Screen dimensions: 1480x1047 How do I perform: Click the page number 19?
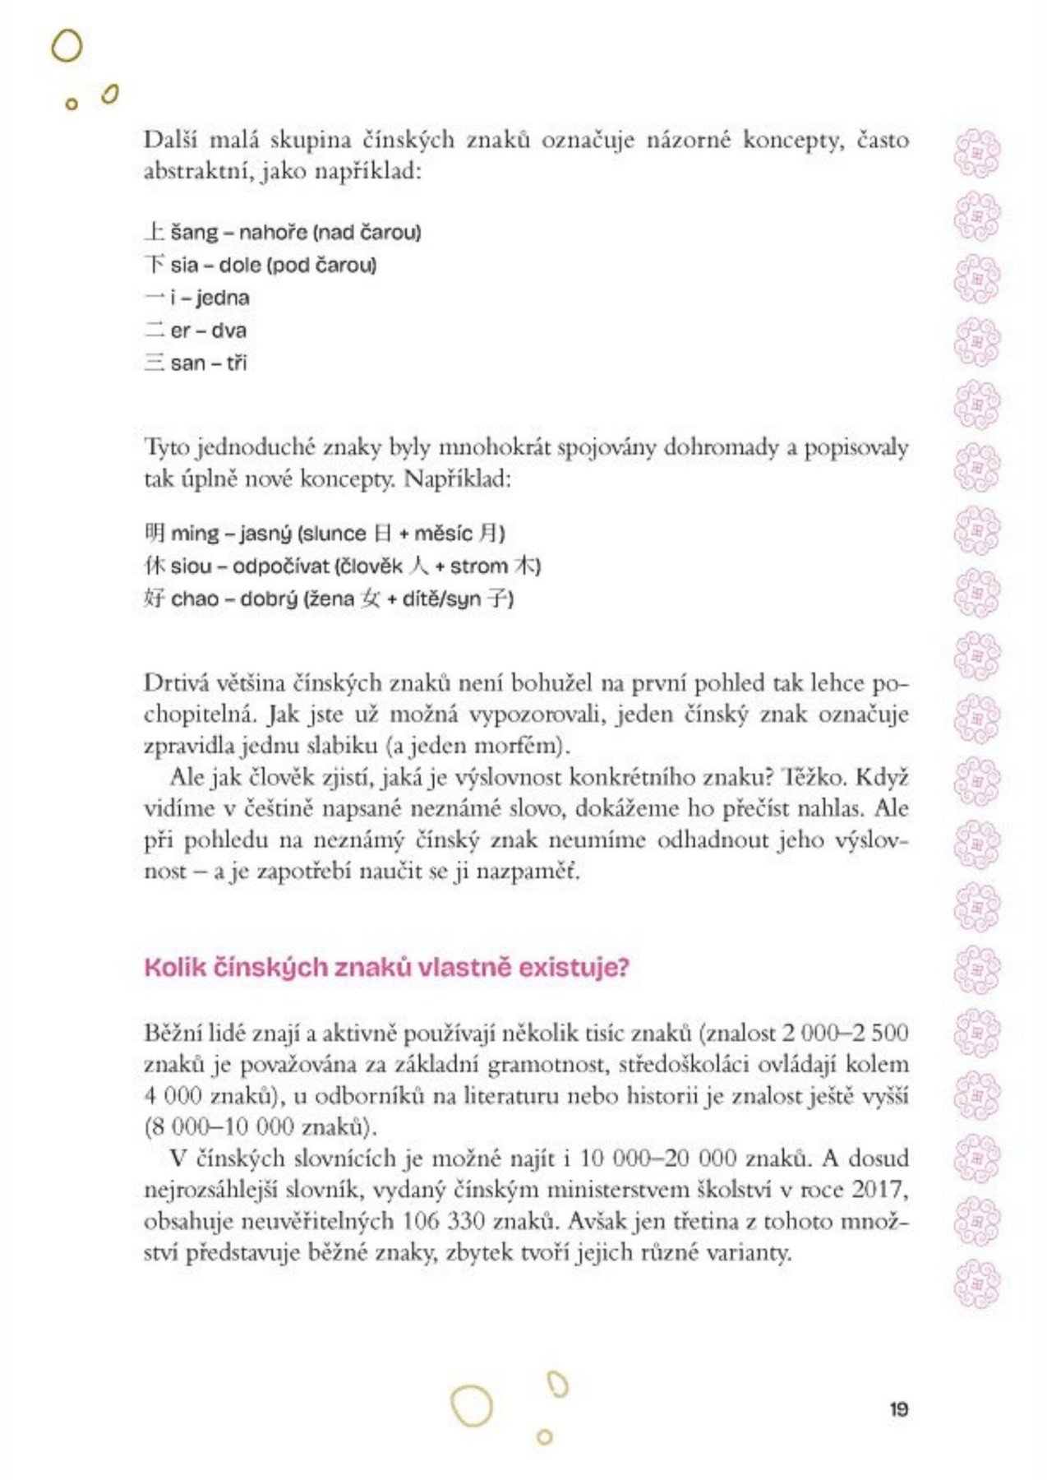pyautogui.click(x=898, y=1409)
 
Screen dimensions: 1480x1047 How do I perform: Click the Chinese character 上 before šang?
pyautogui.click(x=155, y=232)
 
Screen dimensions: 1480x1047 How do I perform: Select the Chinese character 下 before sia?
pyautogui.click(x=155, y=265)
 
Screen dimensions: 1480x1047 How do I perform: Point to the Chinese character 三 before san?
pyautogui.click(x=155, y=363)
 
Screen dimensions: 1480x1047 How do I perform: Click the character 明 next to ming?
pyautogui.click(x=155, y=534)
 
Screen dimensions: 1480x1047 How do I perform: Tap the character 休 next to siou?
pyautogui.click(x=155, y=567)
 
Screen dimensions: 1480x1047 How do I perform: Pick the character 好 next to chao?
pyautogui.click(x=155, y=599)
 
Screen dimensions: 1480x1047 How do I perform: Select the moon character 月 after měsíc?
pyautogui.click(x=490, y=534)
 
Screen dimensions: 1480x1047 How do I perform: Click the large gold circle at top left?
pyautogui.click(x=67, y=47)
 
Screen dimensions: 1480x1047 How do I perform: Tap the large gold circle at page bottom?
pyautogui.click(x=472, y=1405)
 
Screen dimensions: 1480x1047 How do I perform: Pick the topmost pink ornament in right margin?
pyautogui.click(x=976, y=154)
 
